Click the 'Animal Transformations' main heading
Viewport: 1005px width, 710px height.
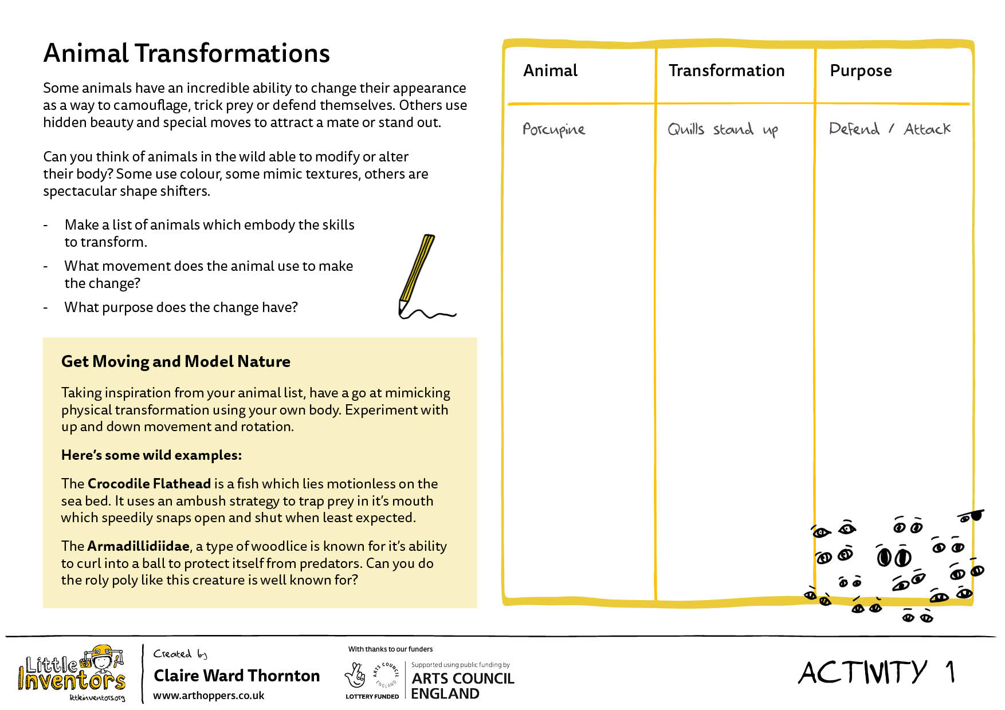(186, 53)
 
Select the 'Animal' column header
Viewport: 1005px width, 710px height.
(550, 70)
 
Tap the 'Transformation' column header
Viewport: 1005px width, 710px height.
(726, 70)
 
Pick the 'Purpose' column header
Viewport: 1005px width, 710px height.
(861, 71)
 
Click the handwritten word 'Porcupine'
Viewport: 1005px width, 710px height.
(553, 129)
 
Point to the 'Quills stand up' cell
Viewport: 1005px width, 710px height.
(723, 129)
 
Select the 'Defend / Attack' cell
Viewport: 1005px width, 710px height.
(889, 129)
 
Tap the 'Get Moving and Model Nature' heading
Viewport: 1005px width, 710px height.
(176, 361)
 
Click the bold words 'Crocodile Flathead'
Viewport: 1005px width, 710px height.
(149, 484)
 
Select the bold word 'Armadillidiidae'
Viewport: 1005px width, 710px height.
(138, 546)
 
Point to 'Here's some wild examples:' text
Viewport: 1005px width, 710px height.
(151, 455)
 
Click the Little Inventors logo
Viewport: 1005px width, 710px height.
(72, 673)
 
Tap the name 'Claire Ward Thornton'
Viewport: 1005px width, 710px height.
(237, 676)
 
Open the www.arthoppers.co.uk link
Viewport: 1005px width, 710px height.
(209, 696)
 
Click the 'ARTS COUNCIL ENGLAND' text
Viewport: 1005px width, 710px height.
(462, 686)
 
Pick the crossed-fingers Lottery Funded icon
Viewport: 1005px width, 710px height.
(355, 676)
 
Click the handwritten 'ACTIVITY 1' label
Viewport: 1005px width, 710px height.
(877, 672)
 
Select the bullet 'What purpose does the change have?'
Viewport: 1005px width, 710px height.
(181, 307)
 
